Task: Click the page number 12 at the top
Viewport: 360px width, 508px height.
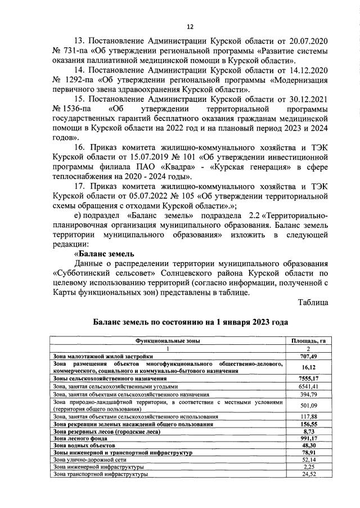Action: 190,26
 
